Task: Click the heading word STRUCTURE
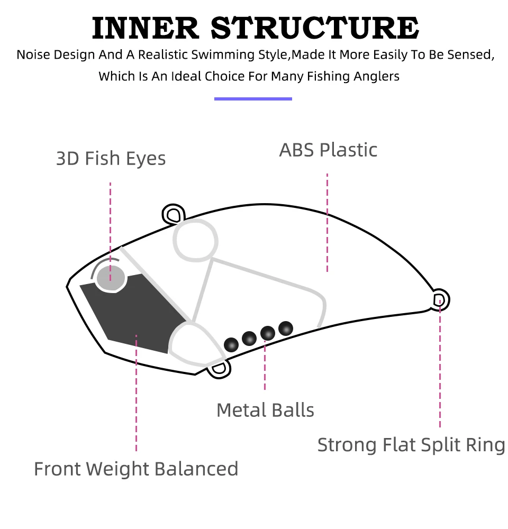click(315, 28)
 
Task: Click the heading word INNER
click(147, 28)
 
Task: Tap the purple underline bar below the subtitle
click(253, 98)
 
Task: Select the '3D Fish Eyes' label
click(111, 158)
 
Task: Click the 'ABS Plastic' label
click(328, 150)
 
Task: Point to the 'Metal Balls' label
click(265, 410)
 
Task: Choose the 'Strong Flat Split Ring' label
click(411, 444)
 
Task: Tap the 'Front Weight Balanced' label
click(136, 469)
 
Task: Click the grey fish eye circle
click(111, 278)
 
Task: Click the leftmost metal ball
click(231, 344)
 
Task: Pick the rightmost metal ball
click(286, 328)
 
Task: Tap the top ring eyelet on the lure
click(173, 214)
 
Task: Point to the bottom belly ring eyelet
click(219, 369)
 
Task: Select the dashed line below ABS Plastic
click(327, 222)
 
